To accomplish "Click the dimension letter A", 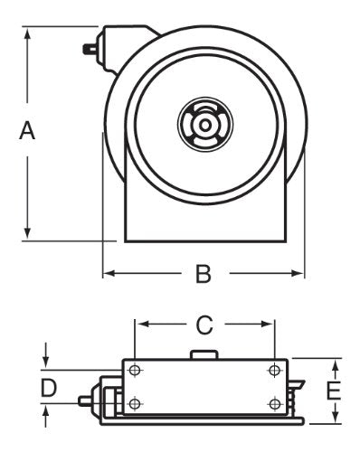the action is pos(27,130).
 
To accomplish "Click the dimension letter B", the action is pos(204,274).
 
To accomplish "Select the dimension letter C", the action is pos(204,325).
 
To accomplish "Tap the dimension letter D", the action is pos(49,388).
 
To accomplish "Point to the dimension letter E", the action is pos(334,391).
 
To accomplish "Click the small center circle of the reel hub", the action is pos(205,125).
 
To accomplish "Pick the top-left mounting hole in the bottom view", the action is pos(135,370).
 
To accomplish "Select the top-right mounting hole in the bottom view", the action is pos(274,370).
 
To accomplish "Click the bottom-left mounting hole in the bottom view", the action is pos(135,403).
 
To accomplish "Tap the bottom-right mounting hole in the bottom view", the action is pos(274,403).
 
